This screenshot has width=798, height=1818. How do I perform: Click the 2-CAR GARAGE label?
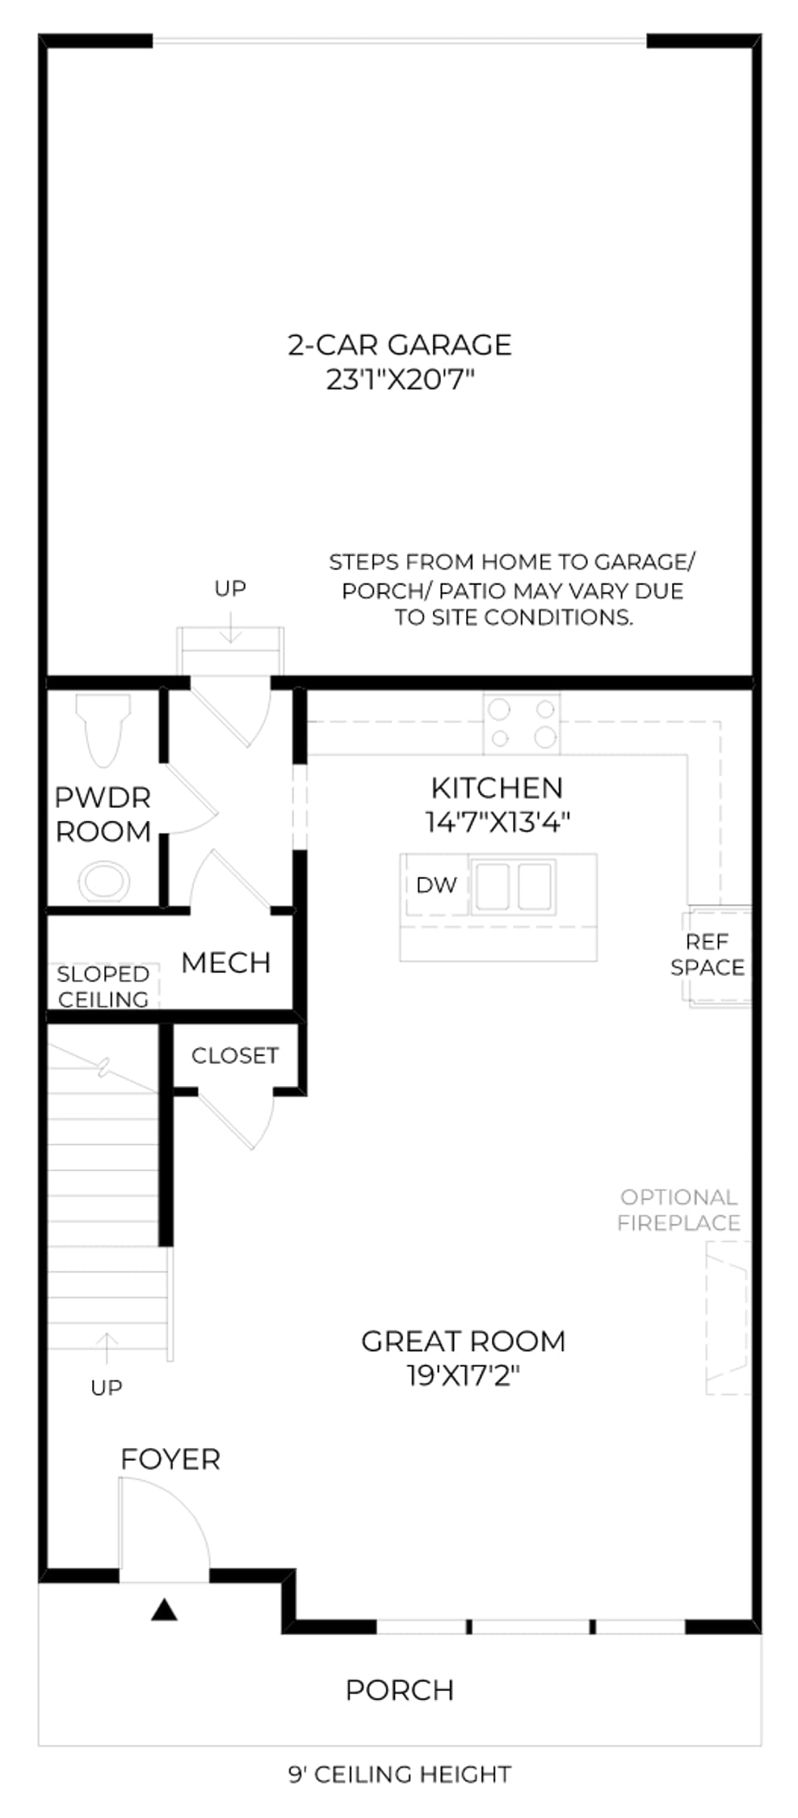[x=399, y=345]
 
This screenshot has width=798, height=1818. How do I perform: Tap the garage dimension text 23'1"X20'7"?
[x=399, y=379]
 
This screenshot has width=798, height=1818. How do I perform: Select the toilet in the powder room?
[x=103, y=729]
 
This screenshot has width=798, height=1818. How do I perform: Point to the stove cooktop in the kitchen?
[x=522, y=724]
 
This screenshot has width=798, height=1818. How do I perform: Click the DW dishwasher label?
[x=436, y=885]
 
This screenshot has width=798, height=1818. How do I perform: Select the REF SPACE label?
[x=708, y=954]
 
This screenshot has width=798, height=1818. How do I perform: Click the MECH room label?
[x=225, y=962]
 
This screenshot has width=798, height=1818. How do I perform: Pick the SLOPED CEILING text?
[x=103, y=987]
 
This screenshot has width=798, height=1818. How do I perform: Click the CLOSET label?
[x=235, y=1055]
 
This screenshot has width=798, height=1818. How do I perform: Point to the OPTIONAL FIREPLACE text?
[x=678, y=1210]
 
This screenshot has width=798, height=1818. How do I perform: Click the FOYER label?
[x=170, y=1459]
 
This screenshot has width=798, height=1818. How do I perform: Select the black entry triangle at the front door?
[x=164, y=1610]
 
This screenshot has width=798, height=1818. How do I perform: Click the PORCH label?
[x=400, y=1690]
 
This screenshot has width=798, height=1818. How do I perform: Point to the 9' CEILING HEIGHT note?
[x=400, y=1774]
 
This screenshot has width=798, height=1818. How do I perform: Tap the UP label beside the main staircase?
[x=107, y=1387]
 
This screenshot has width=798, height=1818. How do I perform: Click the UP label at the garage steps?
[x=230, y=588]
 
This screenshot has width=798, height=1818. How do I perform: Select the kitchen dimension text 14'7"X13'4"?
[x=498, y=822]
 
